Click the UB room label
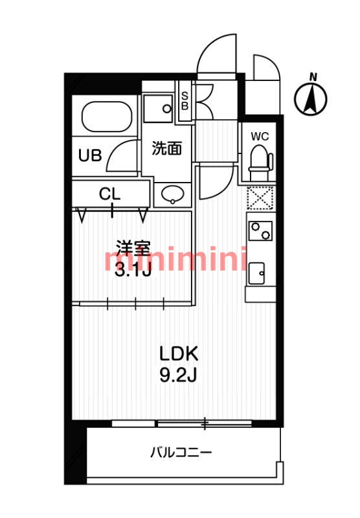point(90,155)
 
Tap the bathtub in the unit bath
point(107,117)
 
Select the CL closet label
point(109,194)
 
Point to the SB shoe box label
point(185,101)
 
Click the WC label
point(260,136)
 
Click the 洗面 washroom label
point(167,148)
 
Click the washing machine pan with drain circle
point(158,108)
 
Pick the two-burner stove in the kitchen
point(260,231)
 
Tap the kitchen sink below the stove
point(256,273)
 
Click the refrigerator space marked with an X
point(260,198)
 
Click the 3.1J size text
point(133,270)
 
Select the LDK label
point(179,354)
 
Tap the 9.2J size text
point(178,375)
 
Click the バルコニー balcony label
point(181,452)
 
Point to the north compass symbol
point(311,98)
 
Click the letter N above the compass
point(313,77)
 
